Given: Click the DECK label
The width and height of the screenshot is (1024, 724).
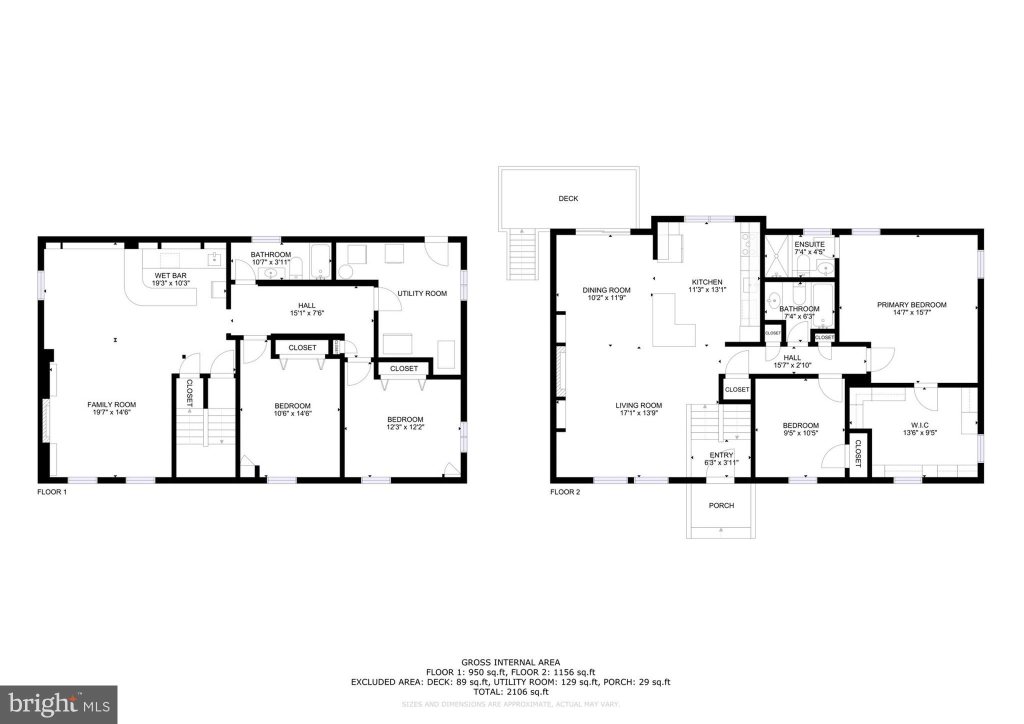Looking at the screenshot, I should tap(568, 198).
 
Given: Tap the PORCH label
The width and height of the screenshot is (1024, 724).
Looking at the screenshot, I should tap(721, 505).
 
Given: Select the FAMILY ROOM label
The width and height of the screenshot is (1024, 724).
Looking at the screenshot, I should tap(111, 405).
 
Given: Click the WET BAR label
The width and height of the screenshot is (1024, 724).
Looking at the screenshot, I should tap(170, 275).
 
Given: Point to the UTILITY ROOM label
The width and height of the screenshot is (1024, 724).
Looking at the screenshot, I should tap(422, 293).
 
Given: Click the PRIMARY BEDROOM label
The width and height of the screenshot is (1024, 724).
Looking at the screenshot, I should tap(911, 305).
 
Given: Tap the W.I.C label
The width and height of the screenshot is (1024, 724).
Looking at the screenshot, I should tap(919, 425).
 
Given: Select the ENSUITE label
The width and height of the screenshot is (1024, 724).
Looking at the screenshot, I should tap(809, 244).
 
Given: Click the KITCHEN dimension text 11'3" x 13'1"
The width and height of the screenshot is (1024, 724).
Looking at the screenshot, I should tap(707, 289).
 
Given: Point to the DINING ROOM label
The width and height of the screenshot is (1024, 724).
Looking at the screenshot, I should tap(606, 290).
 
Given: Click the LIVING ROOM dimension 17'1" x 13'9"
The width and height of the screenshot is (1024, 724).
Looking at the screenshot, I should tap(638, 413).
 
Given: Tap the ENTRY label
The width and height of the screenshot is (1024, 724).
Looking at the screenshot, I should tap(721, 455).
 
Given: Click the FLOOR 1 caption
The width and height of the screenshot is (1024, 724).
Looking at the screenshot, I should tap(52, 492).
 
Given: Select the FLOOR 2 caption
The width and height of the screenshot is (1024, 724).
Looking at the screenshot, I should tap(565, 492).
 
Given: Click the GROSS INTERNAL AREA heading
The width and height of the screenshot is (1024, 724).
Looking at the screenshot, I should tap(510, 663).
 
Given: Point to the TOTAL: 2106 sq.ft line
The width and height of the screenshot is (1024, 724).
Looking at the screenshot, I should tap(510, 692).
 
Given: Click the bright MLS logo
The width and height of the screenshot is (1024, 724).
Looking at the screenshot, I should tap(59, 704).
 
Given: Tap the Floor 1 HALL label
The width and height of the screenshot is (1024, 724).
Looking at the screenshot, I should tap(306, 305).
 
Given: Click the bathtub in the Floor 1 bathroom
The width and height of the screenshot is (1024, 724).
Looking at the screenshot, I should tap(320, 261).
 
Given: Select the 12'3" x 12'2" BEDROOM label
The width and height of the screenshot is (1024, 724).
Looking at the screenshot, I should tap(405, 419).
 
